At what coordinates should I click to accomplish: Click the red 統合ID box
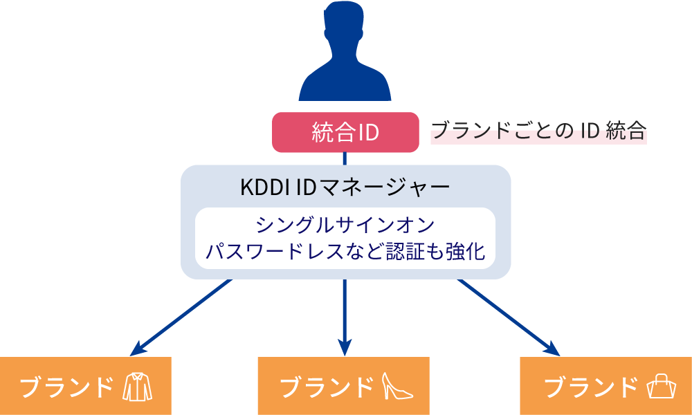345,132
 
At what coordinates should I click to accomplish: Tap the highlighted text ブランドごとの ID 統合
538,131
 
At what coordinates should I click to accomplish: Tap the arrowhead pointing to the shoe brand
345,348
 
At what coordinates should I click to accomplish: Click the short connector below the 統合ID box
345,158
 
